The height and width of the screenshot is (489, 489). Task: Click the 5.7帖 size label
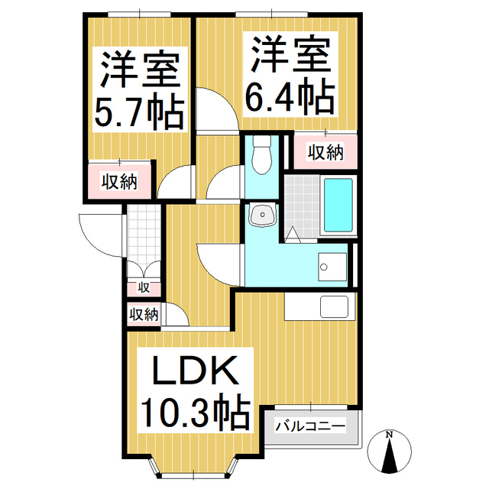[138, 113]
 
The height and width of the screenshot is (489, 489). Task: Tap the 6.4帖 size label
[290, 97]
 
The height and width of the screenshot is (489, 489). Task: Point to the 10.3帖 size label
[193, 413]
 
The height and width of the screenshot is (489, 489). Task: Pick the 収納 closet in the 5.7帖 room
[120, 182]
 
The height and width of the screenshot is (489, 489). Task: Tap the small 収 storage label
[143, 288]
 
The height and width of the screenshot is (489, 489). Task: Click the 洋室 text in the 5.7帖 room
[138, 71]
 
